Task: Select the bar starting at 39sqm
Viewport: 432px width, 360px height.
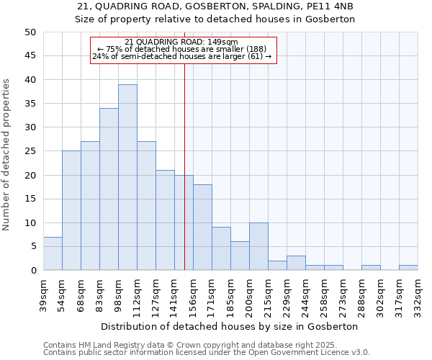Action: [x=53, y=253]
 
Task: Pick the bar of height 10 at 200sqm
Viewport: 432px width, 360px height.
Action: [x=258, y=246]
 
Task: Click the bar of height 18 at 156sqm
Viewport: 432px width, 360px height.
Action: [x=202, y=228]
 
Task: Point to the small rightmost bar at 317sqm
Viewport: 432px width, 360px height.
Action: [x=408, y=268]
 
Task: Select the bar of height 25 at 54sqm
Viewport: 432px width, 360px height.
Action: [x=71, y=210]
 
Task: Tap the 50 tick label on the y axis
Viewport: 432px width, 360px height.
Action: [x=30, y=32]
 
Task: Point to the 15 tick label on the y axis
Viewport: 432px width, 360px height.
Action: [x=30, y=199]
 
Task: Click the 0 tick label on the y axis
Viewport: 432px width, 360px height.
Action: [x=32, y=270]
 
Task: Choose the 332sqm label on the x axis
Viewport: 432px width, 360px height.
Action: [x=418, y=294]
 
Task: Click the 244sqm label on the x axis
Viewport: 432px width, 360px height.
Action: [x=305, y=294]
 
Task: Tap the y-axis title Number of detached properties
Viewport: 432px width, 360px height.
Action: [x=6, y=155]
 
